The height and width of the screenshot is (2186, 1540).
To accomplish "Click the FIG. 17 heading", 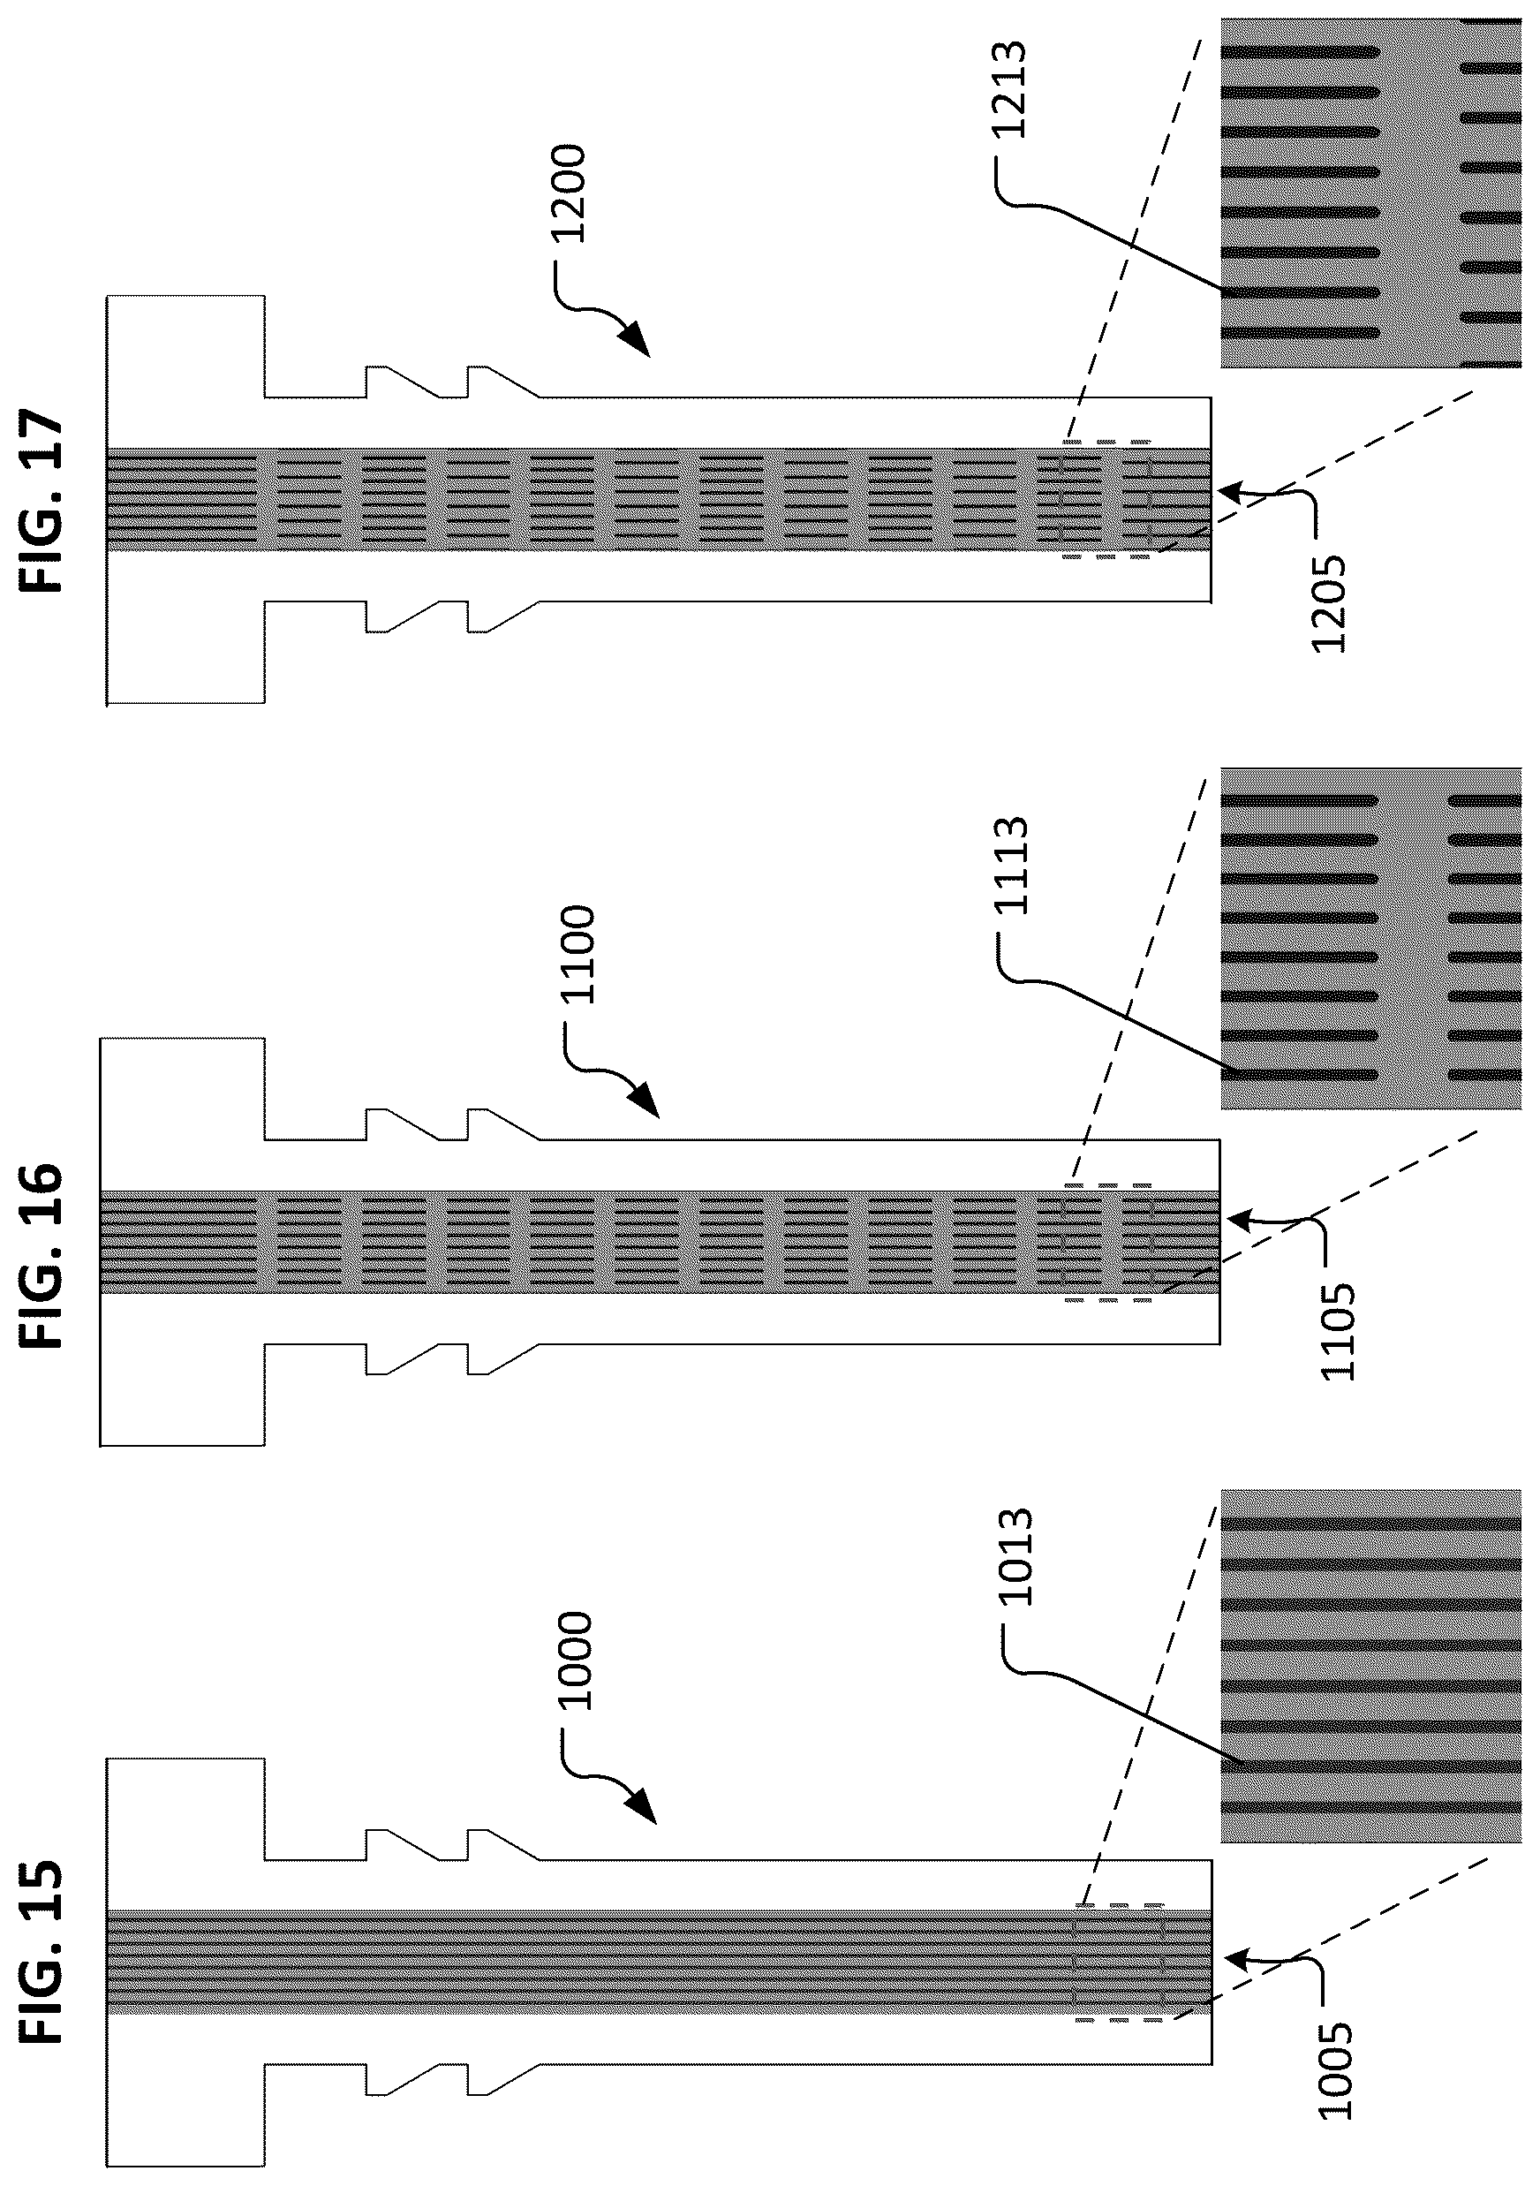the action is (x=42, y=503).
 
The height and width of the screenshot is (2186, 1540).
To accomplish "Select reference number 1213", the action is (x=1011, y=90).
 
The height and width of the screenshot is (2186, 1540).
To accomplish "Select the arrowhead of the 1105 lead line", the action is (x=1238, y=1219).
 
